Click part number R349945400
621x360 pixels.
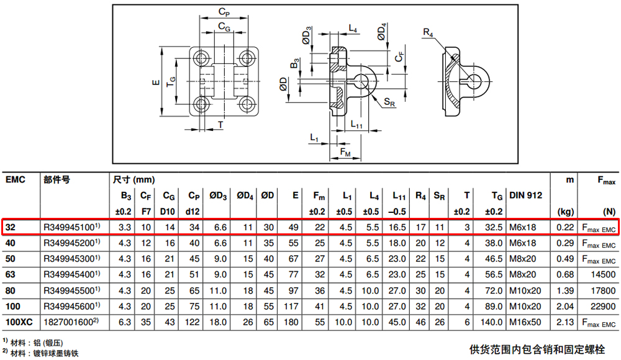[69, 274]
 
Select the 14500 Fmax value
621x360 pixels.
[603, 274]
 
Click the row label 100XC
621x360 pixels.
[19, 322]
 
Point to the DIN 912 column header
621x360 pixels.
[525, 196]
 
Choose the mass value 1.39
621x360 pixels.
[565, 290]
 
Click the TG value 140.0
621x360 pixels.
[491, 322]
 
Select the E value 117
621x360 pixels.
[291, 306]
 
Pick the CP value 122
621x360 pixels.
[192, 322]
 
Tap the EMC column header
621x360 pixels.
[16, 179]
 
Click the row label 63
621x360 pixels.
[11, 274]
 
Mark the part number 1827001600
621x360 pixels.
[68, 322]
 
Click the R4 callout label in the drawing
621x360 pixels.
[428, 32]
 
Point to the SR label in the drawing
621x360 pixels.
[389, 102]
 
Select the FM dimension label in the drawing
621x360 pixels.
[345, 152]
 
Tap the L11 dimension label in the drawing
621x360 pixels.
[356, 124]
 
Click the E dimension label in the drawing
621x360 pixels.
[156, 83]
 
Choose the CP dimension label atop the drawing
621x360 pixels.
[224, 12]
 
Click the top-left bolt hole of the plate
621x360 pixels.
[201, 58]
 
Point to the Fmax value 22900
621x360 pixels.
[603, 306]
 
